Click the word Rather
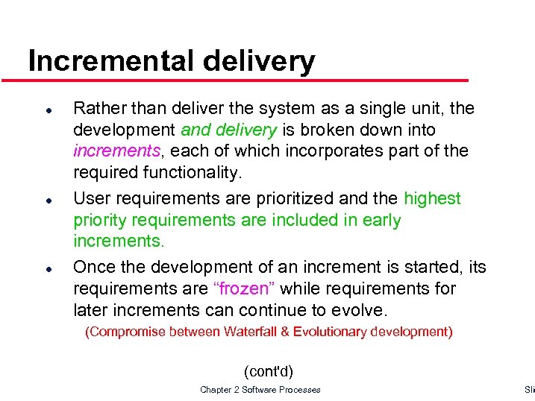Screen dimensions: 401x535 click(96, 109)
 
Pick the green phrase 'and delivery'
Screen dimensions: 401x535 click(228, 130)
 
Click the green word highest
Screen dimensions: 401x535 click(432, 199)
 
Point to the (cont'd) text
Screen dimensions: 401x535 click(269, 370)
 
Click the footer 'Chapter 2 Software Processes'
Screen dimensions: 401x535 click(260, 390)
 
